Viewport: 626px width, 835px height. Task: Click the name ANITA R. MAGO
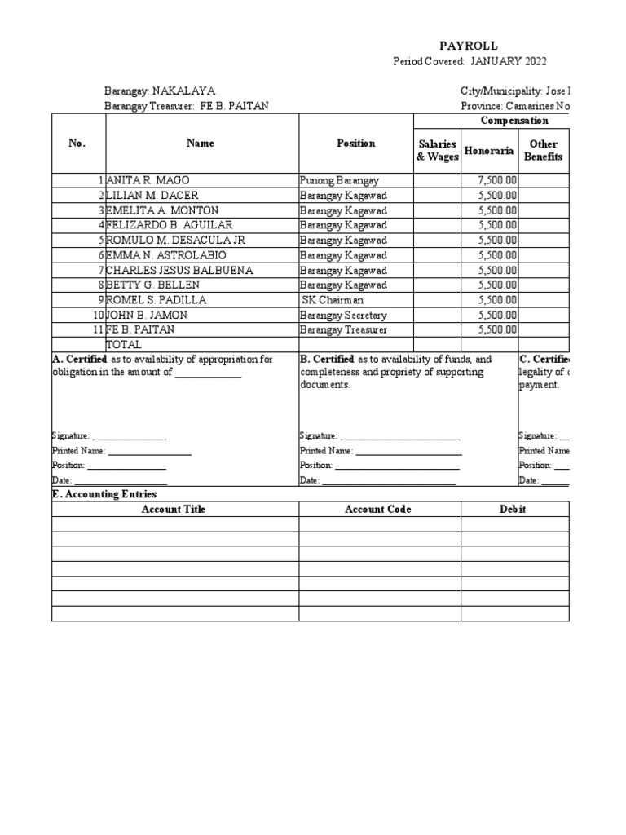pyautogui.click(x=147, y=180)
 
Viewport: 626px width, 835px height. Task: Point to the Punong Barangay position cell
pyautogui.click(x=339, y=180)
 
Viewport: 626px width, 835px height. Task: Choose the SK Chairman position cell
pyautogui.click(x=334, y=300)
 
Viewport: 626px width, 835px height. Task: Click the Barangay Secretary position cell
pyautogui.click(x=343, y=315)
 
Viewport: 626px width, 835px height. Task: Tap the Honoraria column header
pyautogui.click(x=488, y=151)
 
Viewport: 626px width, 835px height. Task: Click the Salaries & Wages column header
pyautogui.click(x=437, y=150)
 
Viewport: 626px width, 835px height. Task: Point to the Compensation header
pyautogui.click(x=514, y=121)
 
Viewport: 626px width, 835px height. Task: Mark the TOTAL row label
pyautogui.click(x=124, y=345)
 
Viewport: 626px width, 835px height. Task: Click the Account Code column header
pyautogui.click(x=377, y=510)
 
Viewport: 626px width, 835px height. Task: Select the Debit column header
pyautogui.click(x=513, y=510)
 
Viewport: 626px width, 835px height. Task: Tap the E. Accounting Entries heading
pyautogui.click(x=104, y=494)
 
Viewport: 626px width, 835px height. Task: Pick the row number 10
pyautogui.click(x=97, y=315)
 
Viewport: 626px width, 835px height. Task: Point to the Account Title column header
pyautogui.click(x=174, y=510)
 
